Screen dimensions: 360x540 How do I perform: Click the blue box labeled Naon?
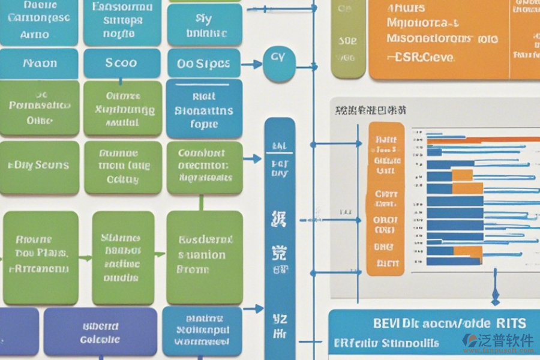pos(40,63)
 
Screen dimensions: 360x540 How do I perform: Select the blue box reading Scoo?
pos(122,63)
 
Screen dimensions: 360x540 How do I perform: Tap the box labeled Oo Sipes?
pos(204,64)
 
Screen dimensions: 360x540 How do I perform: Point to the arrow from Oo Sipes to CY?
pos(252,63)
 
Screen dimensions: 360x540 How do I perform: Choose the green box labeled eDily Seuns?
pos(40,166)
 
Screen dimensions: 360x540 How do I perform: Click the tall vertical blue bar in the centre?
pos(280,234)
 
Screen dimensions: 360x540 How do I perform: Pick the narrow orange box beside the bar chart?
pos(385,198)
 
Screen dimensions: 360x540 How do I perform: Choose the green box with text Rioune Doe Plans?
pos(41,257)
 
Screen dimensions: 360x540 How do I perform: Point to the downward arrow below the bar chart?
pos(496,294)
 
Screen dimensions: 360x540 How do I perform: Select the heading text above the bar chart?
pos(370,110)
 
